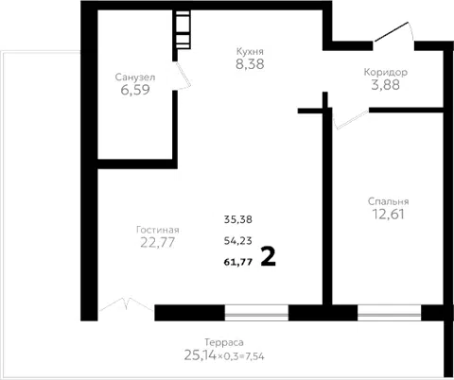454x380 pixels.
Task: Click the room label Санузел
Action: (x=135, y=78)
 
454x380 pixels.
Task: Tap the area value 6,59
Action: (x=135, y=90)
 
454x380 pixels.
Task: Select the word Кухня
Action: (x=250, y=51)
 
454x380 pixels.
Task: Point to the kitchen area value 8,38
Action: (x=250, y=64)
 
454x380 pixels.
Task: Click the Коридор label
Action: (x=386, y=72)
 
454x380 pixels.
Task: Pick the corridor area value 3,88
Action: (x=386, y=85)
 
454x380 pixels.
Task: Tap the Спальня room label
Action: (x=388, y=201)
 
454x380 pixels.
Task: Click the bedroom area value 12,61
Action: (x=388, y=215)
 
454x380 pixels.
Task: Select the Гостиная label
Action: (x=158, y=230)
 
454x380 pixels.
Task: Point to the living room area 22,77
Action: (x=158, y=243)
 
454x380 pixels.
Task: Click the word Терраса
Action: (x=224, y=342)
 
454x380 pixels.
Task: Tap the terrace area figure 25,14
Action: (x=201, y=355)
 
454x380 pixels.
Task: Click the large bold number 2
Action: (x=269, y=257)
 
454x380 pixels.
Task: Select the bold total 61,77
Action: (x=238, y=262)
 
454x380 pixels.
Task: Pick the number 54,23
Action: (x=238, y=241)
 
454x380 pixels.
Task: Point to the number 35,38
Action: (x=238, y=219)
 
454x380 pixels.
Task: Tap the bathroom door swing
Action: (x=183, y=76)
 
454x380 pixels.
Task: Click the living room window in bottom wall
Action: (x=256, y=313)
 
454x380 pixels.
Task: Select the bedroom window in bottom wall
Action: (x=389, y=313)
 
